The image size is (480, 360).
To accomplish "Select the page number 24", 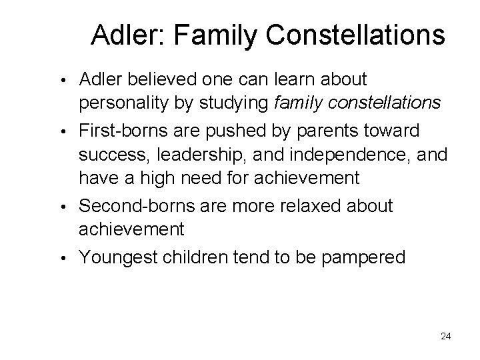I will (x=445, y=337).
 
